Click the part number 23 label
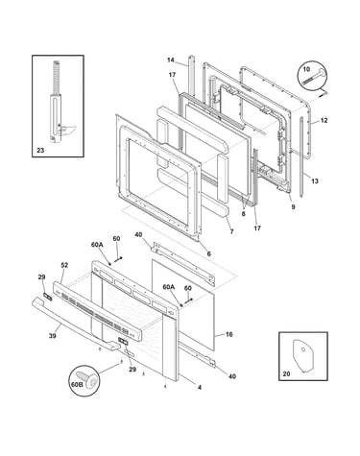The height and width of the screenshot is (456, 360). pos(40,150)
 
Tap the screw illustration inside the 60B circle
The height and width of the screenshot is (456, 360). pos(89,380)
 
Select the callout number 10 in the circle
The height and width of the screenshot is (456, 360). pos(306,69)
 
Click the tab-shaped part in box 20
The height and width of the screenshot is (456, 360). pos(302,355)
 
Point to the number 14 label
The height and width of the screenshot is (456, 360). pos(171,60)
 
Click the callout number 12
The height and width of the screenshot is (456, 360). pos(324,121)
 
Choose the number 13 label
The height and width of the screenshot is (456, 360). pos(315,181)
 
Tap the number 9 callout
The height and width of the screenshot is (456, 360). pos(293,206)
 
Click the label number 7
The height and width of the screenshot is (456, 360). pos(231,231)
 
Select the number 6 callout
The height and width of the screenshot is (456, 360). pos(209,253)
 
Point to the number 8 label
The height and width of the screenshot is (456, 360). pos(244,214)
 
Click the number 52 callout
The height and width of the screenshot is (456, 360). pos(64,265)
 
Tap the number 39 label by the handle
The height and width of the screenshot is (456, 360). pos(52,336)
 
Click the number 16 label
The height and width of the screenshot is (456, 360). pos(229,334)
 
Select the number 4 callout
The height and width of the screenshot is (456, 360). pos(200,388)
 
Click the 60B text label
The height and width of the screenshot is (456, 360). pos(77,384)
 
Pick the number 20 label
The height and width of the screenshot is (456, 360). pos(286,373)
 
